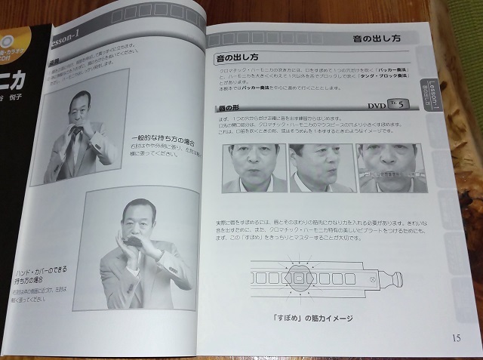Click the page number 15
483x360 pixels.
pyautogui.click(x=456, y=337)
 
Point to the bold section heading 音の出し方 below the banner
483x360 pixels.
pyautogui.click(x=240, y=56)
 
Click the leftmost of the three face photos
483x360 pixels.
pyautogui.click(x=254, y=168)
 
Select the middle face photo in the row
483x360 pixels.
pyautogui.click(x=321, y=168)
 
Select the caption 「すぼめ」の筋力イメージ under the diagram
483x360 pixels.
pyautogui.click(x=311, y=318)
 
